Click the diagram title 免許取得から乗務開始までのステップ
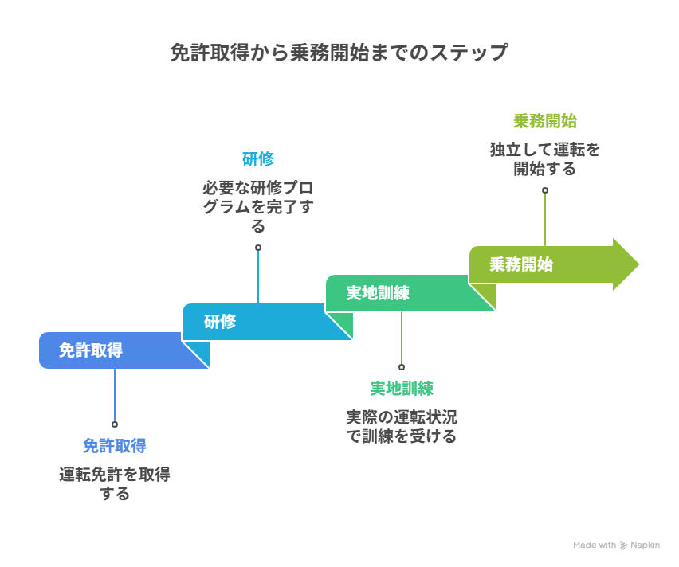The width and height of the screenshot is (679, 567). pyautogui.click(x=339, y=53)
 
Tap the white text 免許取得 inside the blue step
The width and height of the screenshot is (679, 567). pyautogui.click(x=91, y=350)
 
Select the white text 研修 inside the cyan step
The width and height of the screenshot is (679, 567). pyautogui.click(x=219, y=322)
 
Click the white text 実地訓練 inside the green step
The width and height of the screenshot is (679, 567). pyautogui.click(x=377, y=293)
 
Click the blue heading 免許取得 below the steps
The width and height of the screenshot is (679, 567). pyautogui.click(x=114, y=445)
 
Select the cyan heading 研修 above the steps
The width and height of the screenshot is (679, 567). pyautogui.click(x=257, y=158)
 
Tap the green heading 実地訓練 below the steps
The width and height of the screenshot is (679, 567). pyautogui.click(x=401, y=388)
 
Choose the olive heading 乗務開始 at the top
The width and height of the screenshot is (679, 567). pyautogui.click(x=544, y=121)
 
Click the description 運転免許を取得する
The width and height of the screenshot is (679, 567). pyautogui.click(x=114, y=483)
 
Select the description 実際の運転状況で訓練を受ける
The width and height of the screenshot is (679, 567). pyautogui.click(x=401, y=426)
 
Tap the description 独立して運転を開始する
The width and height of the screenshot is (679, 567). pyautogui.click(x=544, y=159)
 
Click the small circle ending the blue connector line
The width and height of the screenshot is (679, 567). pyautogui.click(x=115, y=424)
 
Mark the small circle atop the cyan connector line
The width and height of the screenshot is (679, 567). pyautogui.click(x=258, y=248)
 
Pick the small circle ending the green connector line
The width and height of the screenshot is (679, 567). pyautogui.click(x=402, y=367)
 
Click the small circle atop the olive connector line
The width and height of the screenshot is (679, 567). pyautogui.click(x=545, y=190)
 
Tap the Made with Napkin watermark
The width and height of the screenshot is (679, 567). pyautogui.click(x=618, y=545)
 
